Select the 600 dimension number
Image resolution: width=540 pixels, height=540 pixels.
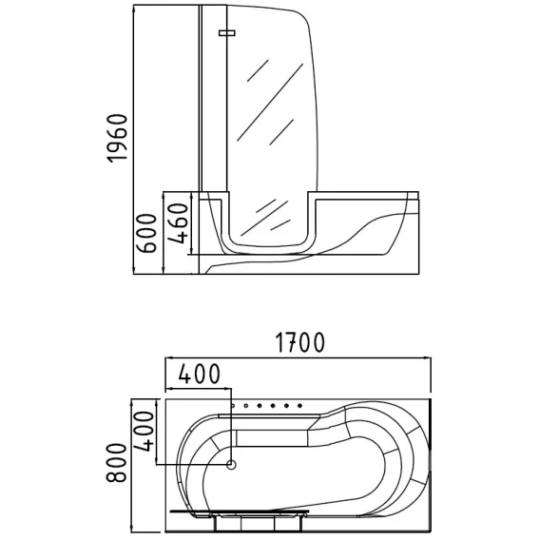(x=146, y=233)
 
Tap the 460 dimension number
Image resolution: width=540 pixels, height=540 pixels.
(x=179, y=222)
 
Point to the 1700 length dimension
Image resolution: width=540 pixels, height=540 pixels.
(x=299, y=342)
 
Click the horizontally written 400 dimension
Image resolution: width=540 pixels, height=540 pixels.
(x=200, y=374)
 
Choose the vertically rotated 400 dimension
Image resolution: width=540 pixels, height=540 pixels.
(x=144, y=432)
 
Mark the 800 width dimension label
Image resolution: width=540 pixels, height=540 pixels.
(x=117, y=463)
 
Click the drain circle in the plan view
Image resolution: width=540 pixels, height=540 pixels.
(x=231, y=465)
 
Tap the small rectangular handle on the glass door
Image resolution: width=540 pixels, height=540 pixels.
(x=227, y=32)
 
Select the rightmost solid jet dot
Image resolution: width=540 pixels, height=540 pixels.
(x=299, y=406)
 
